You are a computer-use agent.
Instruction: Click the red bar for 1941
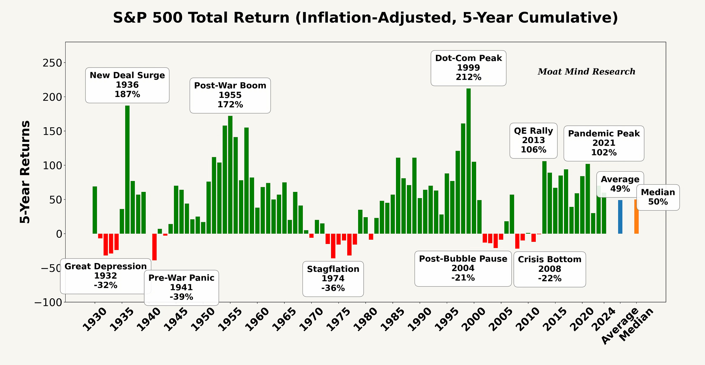(x=154, y=247)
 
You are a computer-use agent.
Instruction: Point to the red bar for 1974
(x=333, y=246)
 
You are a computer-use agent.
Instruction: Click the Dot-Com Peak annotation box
(x=468, y=68)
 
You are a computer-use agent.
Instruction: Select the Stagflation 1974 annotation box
(x=333, y=279)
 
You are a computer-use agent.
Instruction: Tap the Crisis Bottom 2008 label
(x=550, y=269)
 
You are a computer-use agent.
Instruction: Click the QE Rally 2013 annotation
(x=533, y=140)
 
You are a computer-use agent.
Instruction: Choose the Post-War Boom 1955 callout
(x=230, y=95)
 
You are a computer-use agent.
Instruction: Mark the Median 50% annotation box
(x=658, y=197)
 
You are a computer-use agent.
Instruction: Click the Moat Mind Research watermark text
(x=586, y=72)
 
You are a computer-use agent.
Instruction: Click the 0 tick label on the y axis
(x=59, y=234)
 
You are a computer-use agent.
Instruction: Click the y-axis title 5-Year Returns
(x=25, y=172)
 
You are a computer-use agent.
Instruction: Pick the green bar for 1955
(x=230, y=175)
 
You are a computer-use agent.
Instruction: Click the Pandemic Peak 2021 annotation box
(x=604, y=143)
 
